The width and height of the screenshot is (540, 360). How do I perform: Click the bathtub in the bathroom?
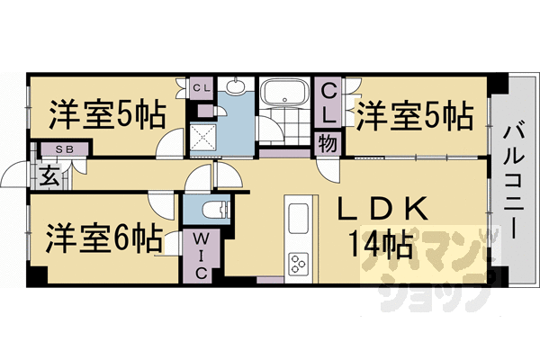pyautogui.click(x=284, y=92)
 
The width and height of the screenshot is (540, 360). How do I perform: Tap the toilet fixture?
pyautogui.click(x=215, y=210)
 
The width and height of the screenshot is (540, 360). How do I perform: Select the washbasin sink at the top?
pyautogui.click(x=236, y=85)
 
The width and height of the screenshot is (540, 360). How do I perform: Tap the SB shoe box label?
pyautogui.click(x=65, y=149)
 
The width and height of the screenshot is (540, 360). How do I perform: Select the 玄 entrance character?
pyautogui.click(x=49, y=176)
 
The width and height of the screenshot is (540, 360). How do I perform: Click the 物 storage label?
pyautogui.click(x=328, y=143)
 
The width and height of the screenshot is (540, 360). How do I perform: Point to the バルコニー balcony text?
pyautogui.click(x=514, y=182)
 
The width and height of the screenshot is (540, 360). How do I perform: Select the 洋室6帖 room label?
pyautogui.click(x=104, y=238)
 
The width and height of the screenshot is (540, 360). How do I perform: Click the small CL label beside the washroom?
pyautogui.click(x=201, y=88)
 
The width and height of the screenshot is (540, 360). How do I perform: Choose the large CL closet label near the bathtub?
pyautogui.click(x=328, y=104)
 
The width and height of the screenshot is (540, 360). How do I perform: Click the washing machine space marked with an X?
pyautogui.click(x=203, y=138)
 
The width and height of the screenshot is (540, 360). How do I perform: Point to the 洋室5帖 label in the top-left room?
pyautogui.click(x=107, y=114)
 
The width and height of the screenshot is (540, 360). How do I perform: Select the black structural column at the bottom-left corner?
pyautogui.click(x=37, y=275)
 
